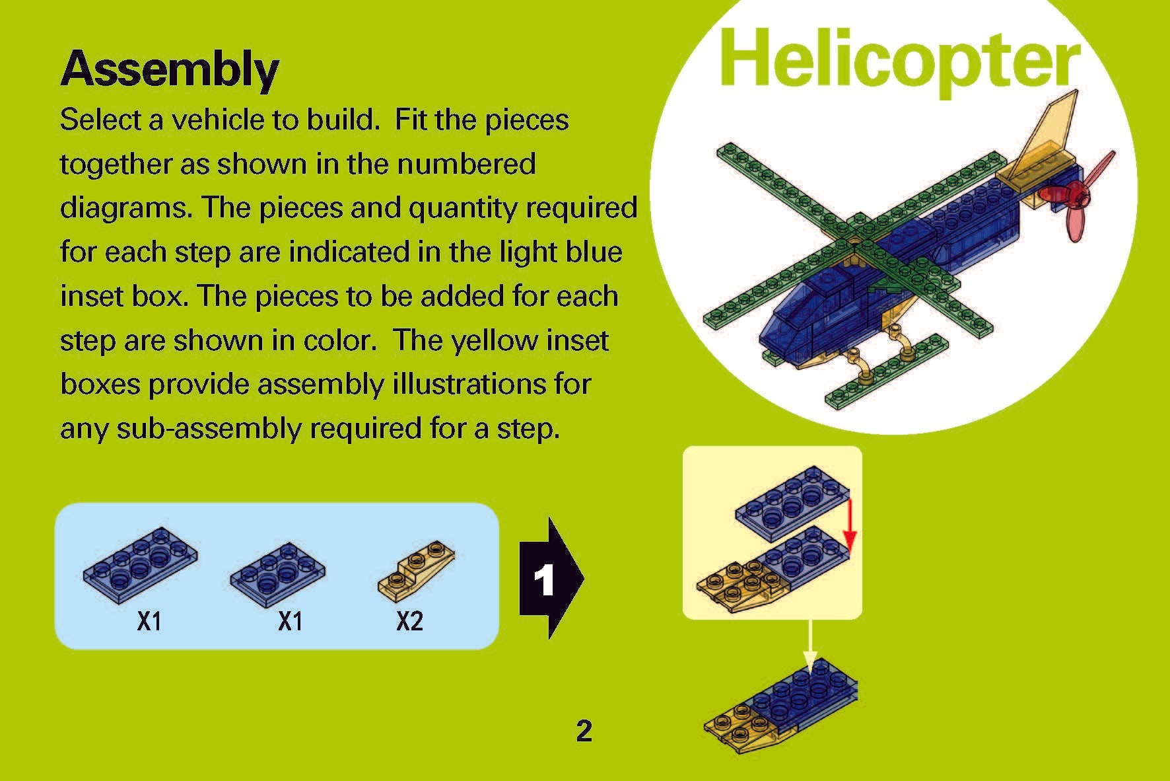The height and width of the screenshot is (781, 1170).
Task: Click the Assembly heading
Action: coord(170,69)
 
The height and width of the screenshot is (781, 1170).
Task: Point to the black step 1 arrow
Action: coord(549,579)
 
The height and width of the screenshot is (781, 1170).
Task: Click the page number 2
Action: coord(584,731)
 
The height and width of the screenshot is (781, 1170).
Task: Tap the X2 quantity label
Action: coord(409,621)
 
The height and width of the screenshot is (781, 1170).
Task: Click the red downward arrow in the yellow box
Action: coord(850,525)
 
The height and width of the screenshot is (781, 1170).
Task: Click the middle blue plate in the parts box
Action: coord(277,571)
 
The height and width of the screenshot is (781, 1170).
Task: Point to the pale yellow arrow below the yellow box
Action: coord(810,644)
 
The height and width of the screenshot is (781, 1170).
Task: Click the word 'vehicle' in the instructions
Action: coord(214,120)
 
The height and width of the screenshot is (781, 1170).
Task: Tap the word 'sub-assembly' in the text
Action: coord(209,428)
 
